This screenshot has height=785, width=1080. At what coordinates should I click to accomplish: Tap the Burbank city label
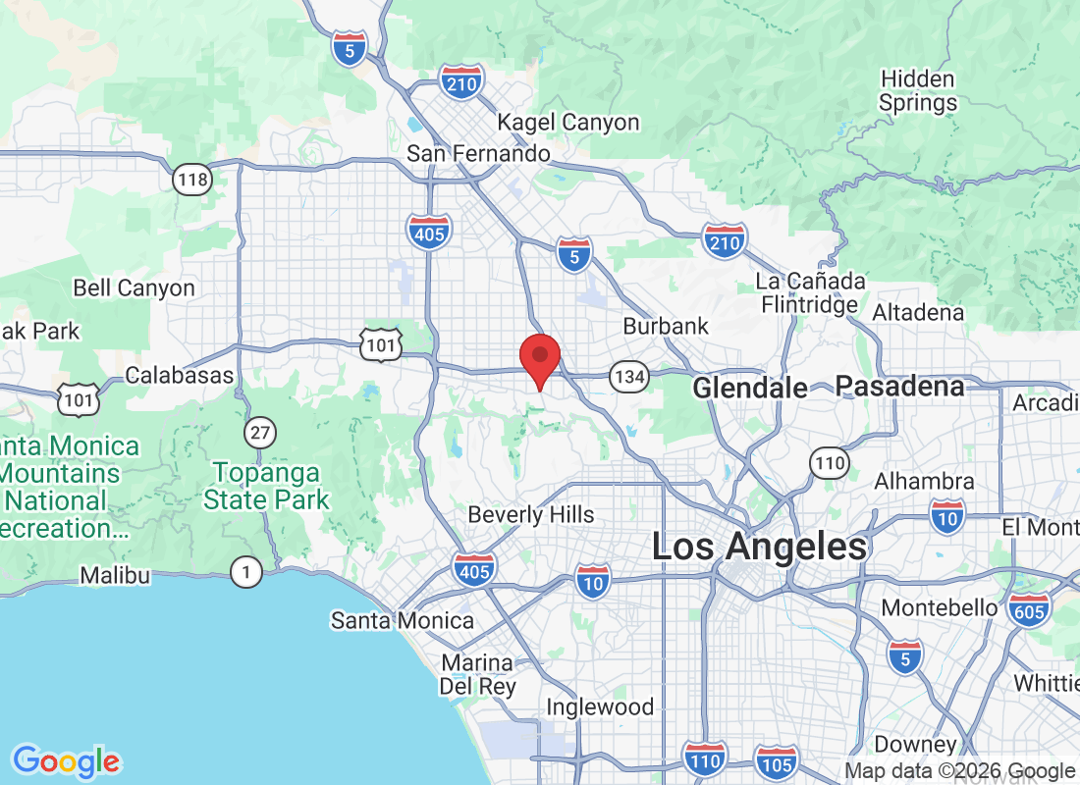coord(666,325)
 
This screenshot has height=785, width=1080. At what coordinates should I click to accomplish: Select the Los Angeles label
coord(760,547)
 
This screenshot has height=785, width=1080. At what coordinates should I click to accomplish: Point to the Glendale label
coord(750,388)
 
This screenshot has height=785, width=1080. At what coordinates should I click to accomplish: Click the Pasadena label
coord(899,387)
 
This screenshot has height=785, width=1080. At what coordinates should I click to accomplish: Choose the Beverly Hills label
coord(531,514)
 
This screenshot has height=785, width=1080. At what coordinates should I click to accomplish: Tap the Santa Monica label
coord(403,620)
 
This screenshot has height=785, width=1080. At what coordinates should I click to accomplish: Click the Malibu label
coord(115,575)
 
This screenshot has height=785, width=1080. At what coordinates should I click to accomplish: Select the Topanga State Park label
coord(267,486)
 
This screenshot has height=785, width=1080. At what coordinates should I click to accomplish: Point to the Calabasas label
coord(180,375)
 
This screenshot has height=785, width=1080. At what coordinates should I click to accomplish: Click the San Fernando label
coord(478,153)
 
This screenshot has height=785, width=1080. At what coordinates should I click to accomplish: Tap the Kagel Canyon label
coord(568,123)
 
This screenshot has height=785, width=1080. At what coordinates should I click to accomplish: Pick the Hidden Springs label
coord(918,90)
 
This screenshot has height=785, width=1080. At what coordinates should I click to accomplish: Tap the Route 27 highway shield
coord(260,432)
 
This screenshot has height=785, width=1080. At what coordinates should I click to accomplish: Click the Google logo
coord(67,760)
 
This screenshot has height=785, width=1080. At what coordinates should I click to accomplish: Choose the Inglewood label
coord(599,706)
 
